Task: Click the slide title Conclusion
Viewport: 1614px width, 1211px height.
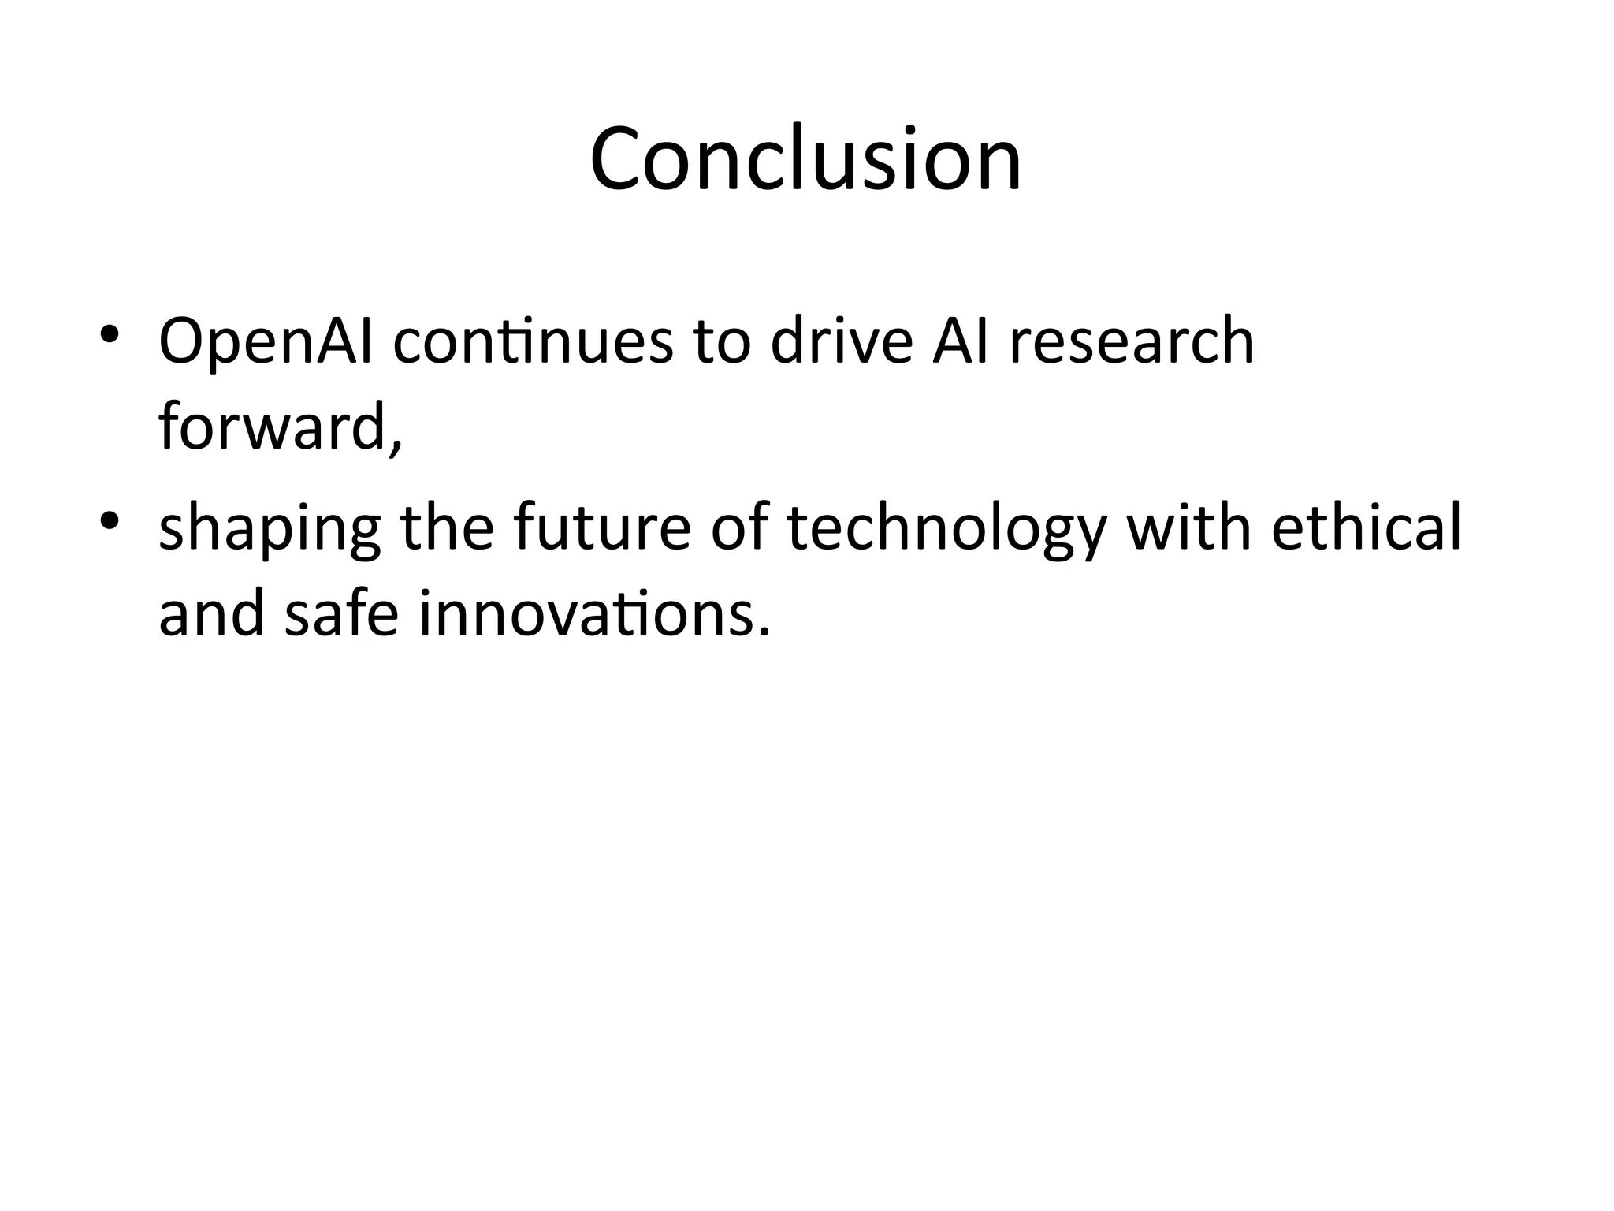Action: point(805,159)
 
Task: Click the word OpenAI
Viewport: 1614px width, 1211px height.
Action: point(266,342)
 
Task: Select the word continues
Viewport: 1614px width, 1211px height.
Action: point(534,342)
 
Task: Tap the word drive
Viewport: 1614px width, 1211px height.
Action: point(841,342)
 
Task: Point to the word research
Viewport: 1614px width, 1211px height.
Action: point(1132,342)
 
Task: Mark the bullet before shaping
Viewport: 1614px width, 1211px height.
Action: point(110,519)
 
